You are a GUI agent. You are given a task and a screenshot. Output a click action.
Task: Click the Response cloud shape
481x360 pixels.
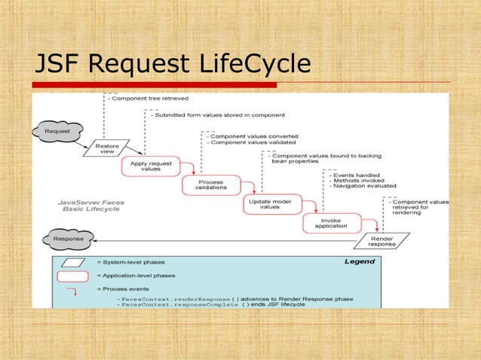[63, 239]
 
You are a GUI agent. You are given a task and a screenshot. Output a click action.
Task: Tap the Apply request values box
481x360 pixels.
[151, 166]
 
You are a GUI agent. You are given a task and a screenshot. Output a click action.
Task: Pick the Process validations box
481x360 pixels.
[211, 185]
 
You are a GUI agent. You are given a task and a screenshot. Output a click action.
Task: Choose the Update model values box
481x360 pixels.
[270, 204]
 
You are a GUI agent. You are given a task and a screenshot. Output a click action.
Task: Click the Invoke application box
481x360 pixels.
[330, 223]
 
